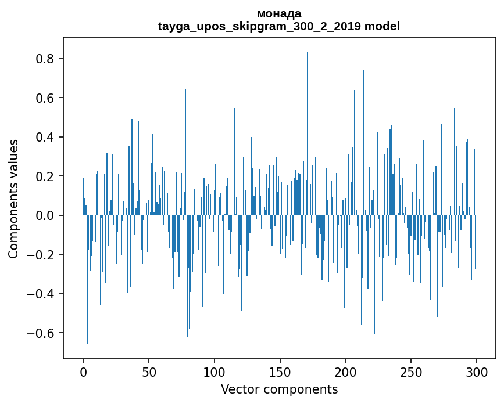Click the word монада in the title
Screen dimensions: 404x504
tap(279, 13)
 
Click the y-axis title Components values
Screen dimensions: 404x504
tap(13, 199)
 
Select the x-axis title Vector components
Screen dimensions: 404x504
tap(279, 389)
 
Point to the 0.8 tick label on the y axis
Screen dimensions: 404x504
tap(46, 59)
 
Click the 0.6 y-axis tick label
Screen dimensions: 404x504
tap(46, 98)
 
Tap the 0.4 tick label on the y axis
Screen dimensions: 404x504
tap(46, 138)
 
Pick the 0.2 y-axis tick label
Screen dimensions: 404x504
tap(46, 176)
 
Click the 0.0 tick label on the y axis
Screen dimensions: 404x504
tap(46, 216)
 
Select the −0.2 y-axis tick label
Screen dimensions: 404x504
tap(42, 255)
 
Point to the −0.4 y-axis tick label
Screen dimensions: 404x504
tap(42, 294)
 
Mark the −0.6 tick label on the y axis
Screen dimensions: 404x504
tap(42, 333)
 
